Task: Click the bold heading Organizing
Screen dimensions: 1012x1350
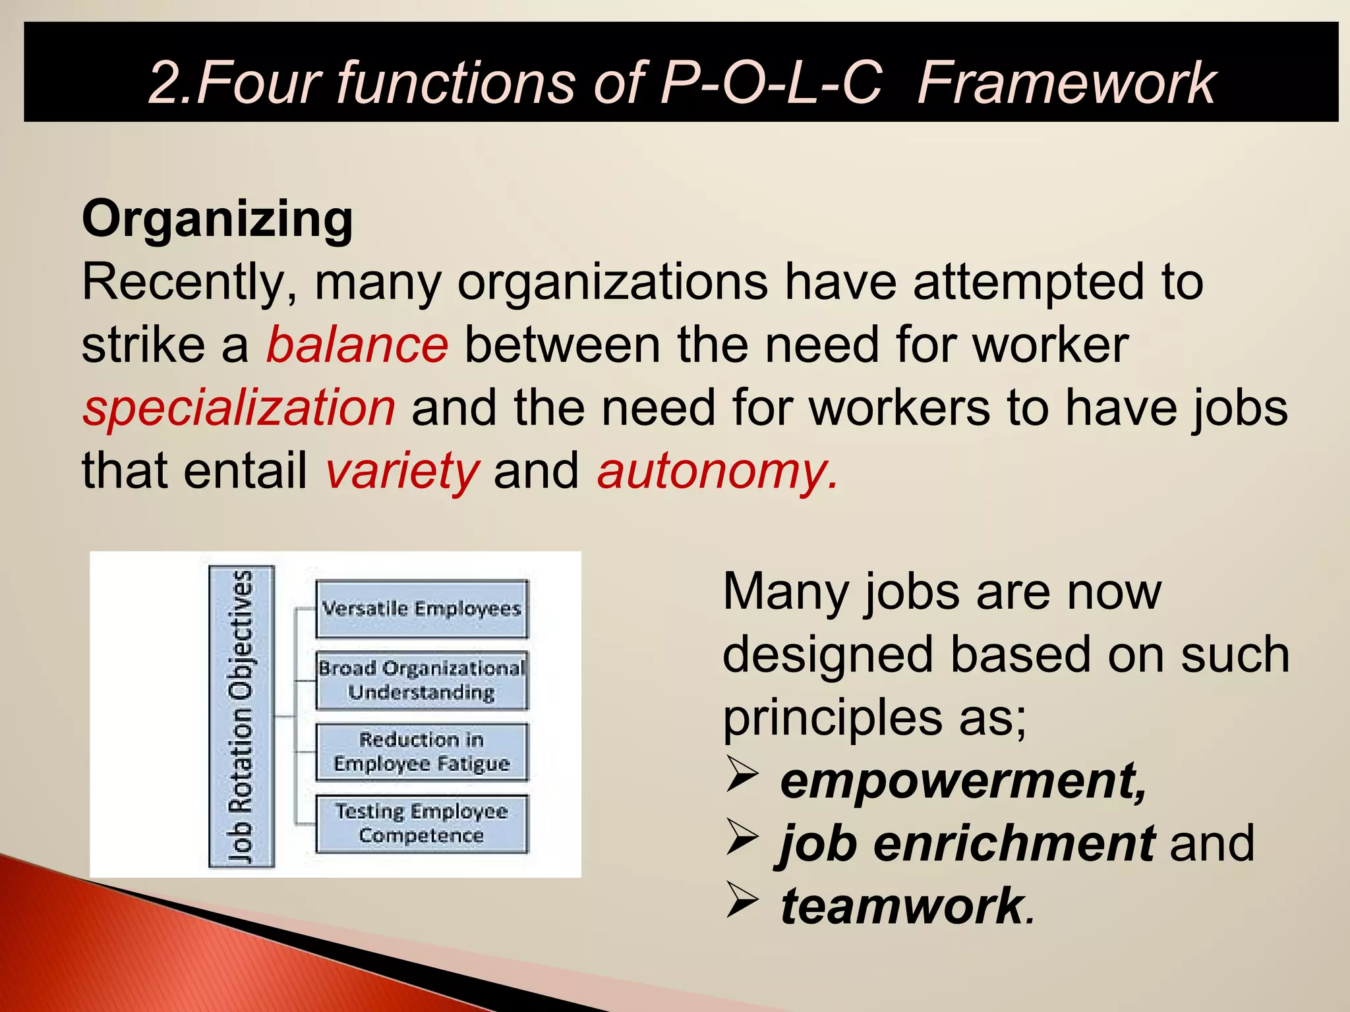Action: coord(218,219)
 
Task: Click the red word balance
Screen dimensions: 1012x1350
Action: coord(357,345)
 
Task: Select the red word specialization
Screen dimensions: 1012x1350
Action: coord(239,408)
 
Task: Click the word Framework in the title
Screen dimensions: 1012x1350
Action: coord(1066,83)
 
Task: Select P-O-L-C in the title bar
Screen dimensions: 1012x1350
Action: coord(771,83)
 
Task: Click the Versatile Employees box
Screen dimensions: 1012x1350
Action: coord(422,609)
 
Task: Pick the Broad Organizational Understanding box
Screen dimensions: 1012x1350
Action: coord(422,680)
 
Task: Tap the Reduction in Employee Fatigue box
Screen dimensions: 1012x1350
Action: coord(422,752)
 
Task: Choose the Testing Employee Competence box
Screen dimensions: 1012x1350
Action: coord(422,824)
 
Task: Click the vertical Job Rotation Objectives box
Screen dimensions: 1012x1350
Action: coord(241,716)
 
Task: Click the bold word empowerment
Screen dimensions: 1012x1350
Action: coord(963,781)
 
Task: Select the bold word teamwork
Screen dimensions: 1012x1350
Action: coord(902,907)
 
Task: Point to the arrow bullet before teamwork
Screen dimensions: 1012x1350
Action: coord(742,901)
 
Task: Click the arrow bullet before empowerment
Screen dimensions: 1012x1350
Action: coord(742,775)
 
